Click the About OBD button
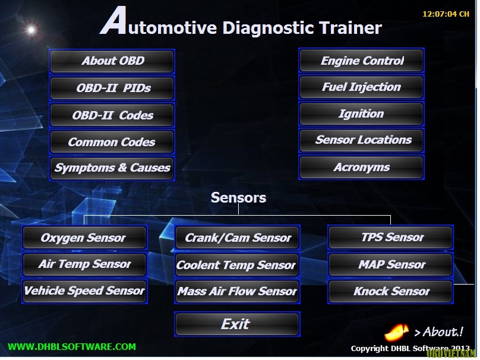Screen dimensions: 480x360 click(x=112, y=61)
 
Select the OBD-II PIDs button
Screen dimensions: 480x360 click(x=112, y=88)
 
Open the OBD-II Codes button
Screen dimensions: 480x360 click(x=112, y=115)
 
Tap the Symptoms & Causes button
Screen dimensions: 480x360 click(x=112, y=168)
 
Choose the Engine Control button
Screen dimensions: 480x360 click(x=362, y=61)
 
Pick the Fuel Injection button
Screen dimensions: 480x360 click(x=362, y=87)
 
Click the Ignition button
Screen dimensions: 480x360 click(x=362, y=114)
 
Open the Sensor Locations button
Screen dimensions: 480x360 click(x=362, y=140)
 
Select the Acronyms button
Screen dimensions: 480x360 click(x=362, y=167)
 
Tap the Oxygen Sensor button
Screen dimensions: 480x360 click(x=85, y=238)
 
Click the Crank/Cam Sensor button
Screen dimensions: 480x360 click(x=237, y=238)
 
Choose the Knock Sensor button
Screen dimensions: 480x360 click(x=391, y=291)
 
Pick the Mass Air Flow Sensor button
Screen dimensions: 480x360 click(x=237, y=291)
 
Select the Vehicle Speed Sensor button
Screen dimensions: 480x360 click(x=85, y=291)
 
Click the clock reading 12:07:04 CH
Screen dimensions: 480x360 click(x=446, y=14)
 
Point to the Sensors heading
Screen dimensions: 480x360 click(x=238, y=198)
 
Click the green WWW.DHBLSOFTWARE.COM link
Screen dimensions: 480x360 click(x=72, y=347)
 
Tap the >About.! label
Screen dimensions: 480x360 click(x=438, y=332)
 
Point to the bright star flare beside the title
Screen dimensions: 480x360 click(x=31, y=30)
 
